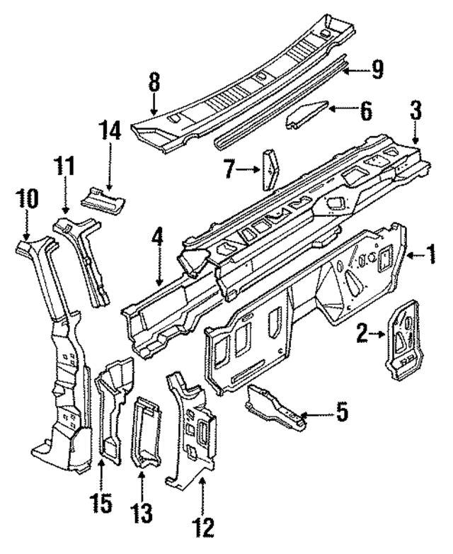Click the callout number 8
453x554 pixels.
(154, 83)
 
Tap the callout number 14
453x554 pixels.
(111, 131)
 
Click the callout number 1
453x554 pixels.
(430, 254)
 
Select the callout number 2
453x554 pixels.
(362, 332)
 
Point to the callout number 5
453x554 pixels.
(342, 412)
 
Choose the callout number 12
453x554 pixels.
(203, 526)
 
